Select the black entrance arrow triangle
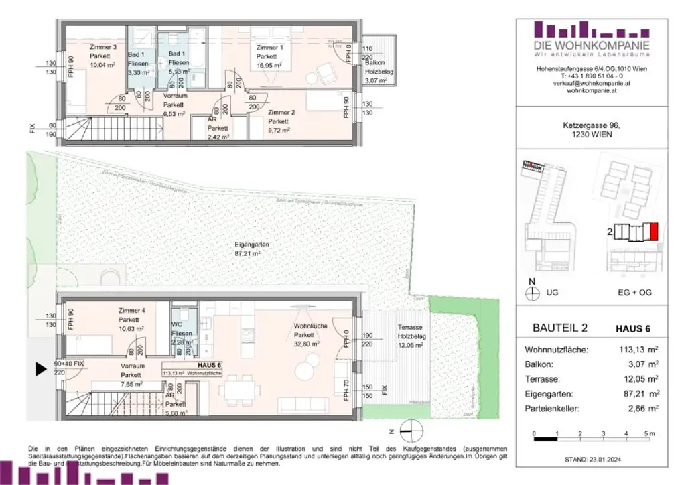click(40, 369)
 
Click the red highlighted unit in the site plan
click(654, 232)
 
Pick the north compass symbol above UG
click(533, 292)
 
